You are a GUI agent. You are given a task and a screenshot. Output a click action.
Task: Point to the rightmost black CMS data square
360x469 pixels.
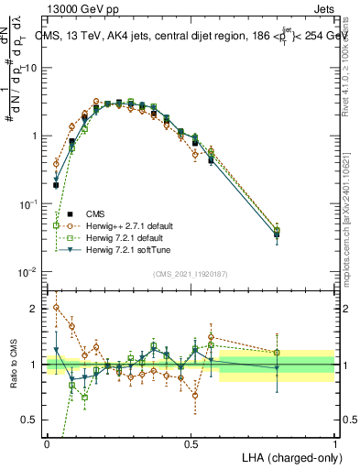278,234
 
